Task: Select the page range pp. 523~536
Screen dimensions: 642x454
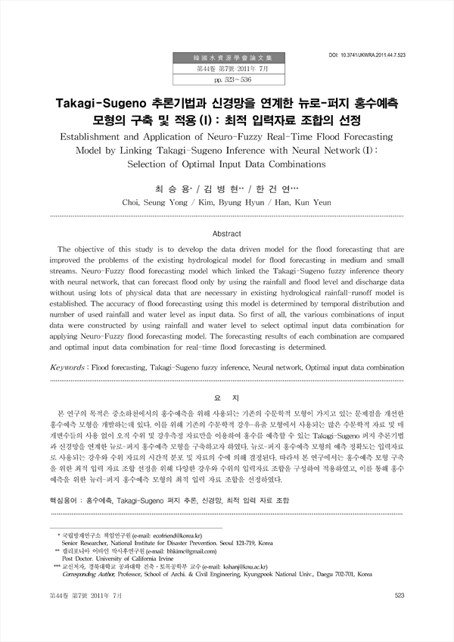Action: [229, 79]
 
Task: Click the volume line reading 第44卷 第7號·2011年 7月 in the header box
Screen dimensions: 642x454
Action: [229, 68]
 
